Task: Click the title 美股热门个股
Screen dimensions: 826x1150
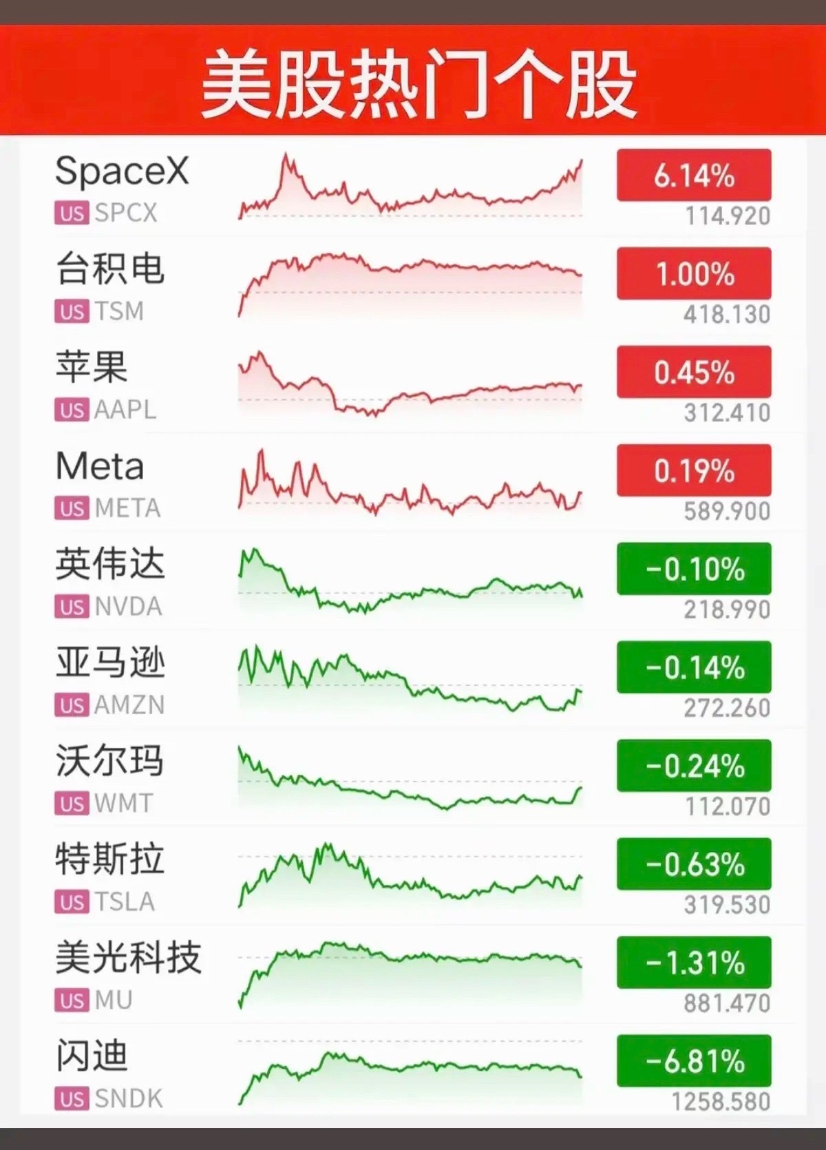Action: pyautogui.click(x=418, y=83)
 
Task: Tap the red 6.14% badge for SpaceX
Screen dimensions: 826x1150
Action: pyautogui.click(x=694, y=175)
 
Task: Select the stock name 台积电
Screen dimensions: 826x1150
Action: pyautogui.click(x=110, y=269)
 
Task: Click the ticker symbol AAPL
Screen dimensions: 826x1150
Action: pyautogui.click(x=125, y=410)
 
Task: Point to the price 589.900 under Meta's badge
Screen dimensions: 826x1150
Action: pyautogui.click(x=727, y=512)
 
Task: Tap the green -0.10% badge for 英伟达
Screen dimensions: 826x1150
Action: pyautogui.click(x=694, y=569)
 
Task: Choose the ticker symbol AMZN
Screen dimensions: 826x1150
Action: pyautogui.click(x=129, y=705)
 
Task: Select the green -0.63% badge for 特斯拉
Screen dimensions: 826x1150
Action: pyautogui.click(x=694, y=864)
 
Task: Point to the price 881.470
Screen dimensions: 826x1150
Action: pyautogui.click(x=727, y=1003)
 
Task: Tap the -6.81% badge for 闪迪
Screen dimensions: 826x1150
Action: pyautogui.click(x=694, y=1060)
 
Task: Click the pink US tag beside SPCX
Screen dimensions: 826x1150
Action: pyautogui.click(x=72, y=213)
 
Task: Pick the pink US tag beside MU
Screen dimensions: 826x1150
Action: pyautogui.click(x=72, y=1001)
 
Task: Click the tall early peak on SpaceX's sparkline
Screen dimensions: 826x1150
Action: pyautogui.click(x=286, y=154)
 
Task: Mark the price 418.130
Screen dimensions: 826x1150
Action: pyautogui.click(x=727, y=314)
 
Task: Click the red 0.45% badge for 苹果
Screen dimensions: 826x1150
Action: pyautogui.click(x=694, y=372)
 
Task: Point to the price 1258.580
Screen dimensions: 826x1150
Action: pyautogui.click(x=721, y=1102)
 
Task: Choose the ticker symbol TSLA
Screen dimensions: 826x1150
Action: pyautogui.click(x=125, y=902)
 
